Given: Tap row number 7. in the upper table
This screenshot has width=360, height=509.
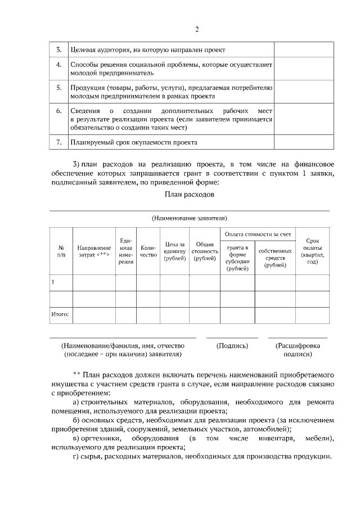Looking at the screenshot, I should (58, 143).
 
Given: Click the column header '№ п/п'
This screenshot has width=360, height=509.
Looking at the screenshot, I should (61, 251).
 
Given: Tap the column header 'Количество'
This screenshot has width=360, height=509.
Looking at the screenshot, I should (148, 251).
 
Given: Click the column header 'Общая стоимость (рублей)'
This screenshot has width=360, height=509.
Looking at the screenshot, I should (204, 251).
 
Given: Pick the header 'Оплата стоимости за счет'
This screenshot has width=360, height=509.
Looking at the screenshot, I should (258, 233).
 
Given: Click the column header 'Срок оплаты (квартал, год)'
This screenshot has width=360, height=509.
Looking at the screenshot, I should (312, 251).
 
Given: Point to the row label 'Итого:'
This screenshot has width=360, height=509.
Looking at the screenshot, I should (60, 315).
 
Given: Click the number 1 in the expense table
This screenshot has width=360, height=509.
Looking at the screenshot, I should (53, 282).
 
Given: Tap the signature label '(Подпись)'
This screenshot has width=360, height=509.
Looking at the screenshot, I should (232, 346).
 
